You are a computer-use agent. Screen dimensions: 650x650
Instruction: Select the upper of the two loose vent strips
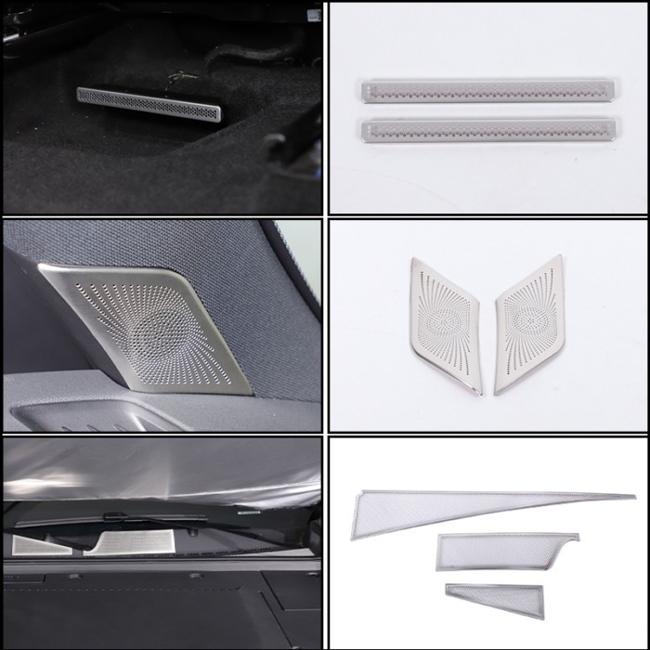pos(488,91)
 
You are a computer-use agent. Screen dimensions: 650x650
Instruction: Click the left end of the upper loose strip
pos(364,91)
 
